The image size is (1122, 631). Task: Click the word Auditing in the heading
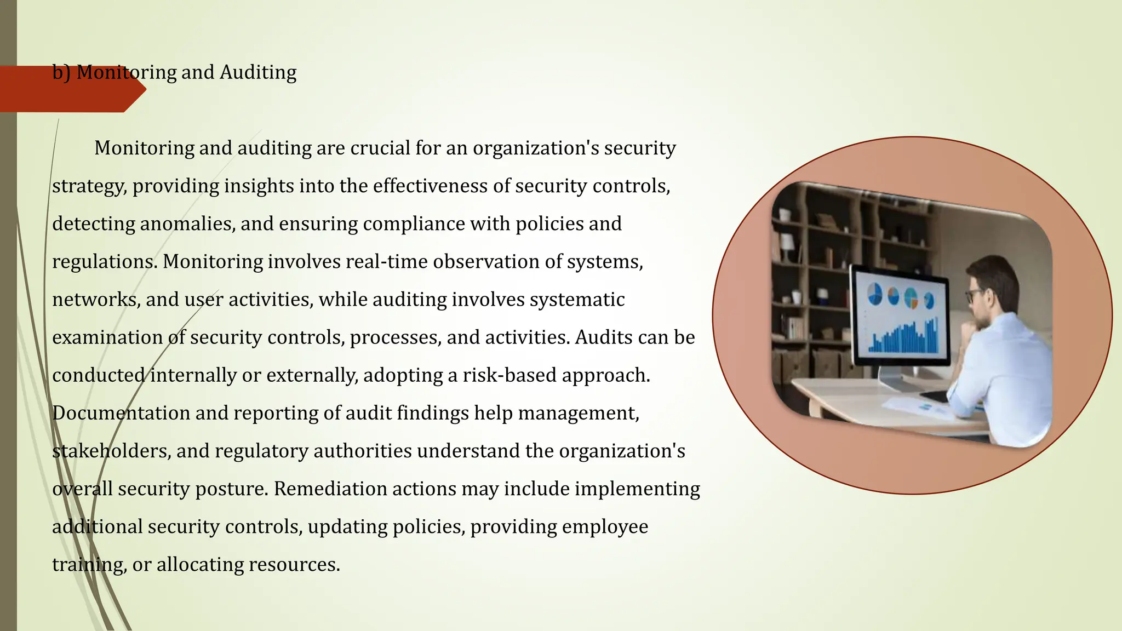[258, 72]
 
